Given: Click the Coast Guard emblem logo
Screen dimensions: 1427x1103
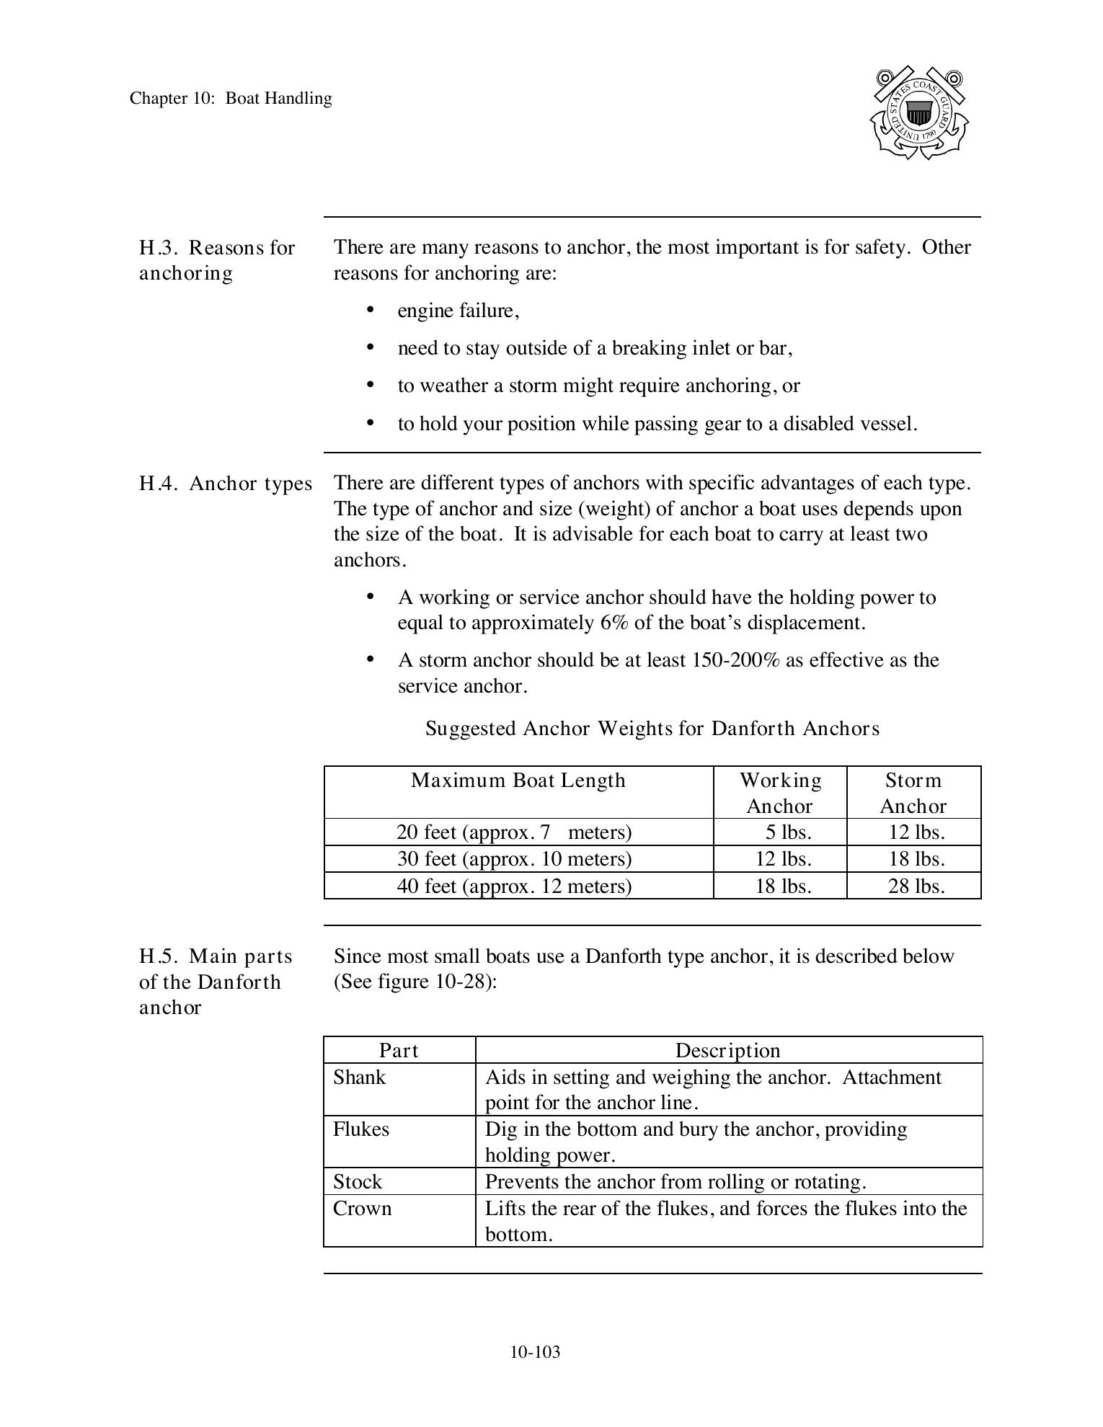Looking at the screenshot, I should click(918, 113).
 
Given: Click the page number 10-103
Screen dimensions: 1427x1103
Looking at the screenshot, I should click(535, 1352).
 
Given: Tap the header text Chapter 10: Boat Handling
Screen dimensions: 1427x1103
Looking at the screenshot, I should click(231, 99).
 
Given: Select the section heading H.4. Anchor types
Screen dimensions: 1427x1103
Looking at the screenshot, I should click(226, 484).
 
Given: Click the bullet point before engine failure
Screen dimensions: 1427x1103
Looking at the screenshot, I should click(371, 310).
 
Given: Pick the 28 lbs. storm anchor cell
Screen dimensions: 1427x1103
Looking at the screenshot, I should click(916, 886).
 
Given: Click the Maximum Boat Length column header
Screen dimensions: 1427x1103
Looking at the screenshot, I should click(518, 781).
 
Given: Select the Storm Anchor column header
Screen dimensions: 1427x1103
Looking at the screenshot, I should click(913, 793).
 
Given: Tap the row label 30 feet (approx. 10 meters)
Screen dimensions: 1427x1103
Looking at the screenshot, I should click(514, 859).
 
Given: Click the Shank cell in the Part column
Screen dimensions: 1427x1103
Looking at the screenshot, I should click(359, 1077).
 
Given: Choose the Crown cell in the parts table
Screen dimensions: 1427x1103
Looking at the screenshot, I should click(362, 1209).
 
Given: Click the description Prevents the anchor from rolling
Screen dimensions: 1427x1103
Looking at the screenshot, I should click(675, 1182).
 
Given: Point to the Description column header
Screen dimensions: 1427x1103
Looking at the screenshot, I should click(727, 1051).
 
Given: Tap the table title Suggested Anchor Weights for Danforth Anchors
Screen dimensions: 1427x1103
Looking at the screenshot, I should click(652, 729).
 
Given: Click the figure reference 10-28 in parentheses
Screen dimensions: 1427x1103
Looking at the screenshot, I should click(463, 982).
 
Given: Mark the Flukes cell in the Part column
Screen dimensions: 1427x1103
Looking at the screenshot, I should click(360, 1129).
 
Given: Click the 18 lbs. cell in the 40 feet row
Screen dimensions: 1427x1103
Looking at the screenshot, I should click(783, 886).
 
